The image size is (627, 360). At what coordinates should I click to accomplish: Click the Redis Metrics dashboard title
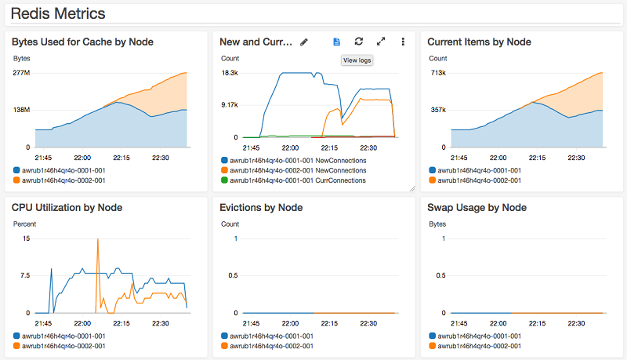coord(58,14)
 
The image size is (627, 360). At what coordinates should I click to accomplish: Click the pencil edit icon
coord(304,42)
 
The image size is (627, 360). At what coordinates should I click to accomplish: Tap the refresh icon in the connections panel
coord(358,42)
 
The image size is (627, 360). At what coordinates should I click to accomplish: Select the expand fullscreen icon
coord(381,42)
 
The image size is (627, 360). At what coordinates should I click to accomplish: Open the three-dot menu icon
coord(403,42)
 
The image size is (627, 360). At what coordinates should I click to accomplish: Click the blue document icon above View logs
coord(336,42)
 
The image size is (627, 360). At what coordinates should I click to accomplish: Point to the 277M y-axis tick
coord(20,73)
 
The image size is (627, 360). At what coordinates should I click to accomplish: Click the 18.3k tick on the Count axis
coord(230,73)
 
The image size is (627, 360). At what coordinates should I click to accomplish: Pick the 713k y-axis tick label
coord(437,73)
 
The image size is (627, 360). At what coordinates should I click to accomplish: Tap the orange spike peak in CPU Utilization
coord(97,239)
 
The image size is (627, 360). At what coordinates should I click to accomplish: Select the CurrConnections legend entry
coord(299,180)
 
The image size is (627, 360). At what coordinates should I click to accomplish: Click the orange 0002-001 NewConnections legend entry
coord(299,170)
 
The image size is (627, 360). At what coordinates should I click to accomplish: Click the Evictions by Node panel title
coord(261,208)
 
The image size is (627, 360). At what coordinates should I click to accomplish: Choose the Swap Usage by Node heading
coord(477,208)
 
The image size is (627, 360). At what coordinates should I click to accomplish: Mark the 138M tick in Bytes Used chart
coord(20,110)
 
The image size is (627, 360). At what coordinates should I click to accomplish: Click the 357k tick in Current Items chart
coord(437,110)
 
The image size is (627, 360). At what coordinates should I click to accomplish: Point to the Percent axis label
coord(25,224)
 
